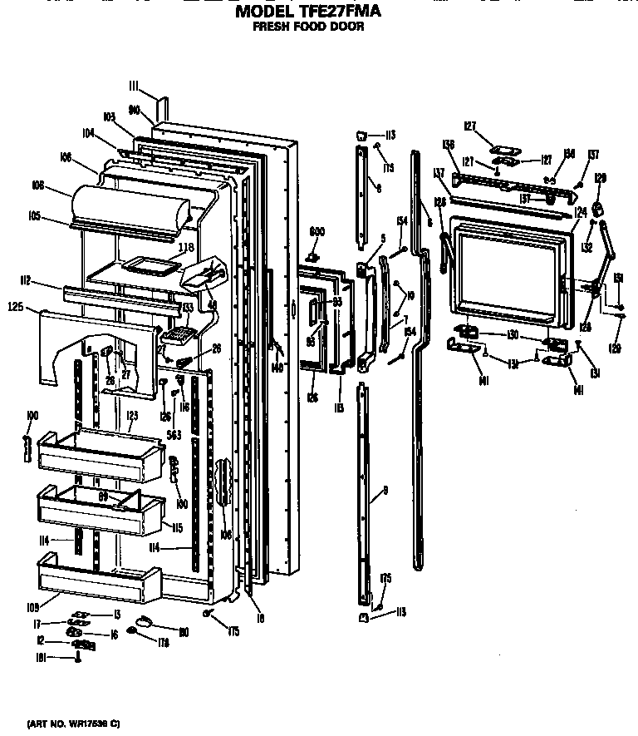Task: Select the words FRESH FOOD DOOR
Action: pos(307,27)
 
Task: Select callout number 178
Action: pos(163,644)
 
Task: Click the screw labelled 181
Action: pos(78,659)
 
